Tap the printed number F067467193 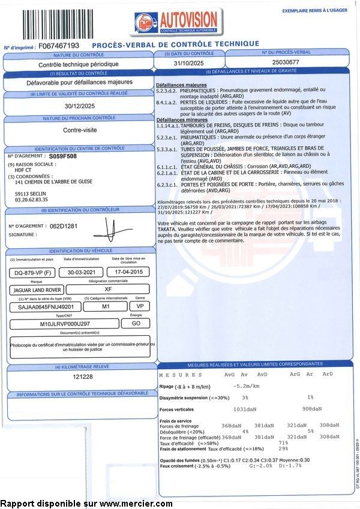click(54, 46)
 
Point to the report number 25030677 click(286, 63)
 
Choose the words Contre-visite click(80, 129)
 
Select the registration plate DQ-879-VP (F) click(31, 272)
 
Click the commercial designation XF click(108, 289)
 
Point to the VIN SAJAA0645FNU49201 click(42, 306)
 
